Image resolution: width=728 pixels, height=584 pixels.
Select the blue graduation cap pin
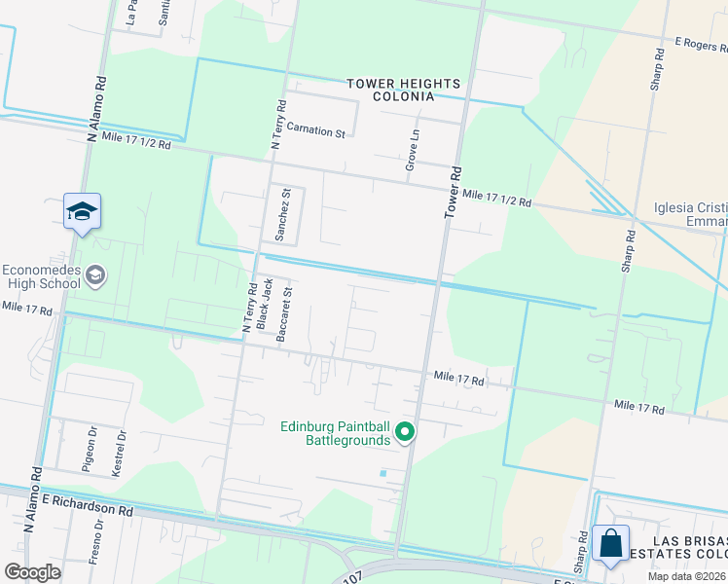coord(83,211)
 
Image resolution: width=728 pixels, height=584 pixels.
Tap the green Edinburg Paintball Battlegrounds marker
coord(406,433)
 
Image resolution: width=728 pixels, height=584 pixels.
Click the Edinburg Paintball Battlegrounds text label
coord(335,433)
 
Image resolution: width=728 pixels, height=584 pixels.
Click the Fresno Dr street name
coord(97,536)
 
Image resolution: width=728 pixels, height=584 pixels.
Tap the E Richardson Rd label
coord(87,504)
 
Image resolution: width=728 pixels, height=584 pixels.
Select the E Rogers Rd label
coord(701,43)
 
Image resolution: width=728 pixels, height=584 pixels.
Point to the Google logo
coord(33,572)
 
